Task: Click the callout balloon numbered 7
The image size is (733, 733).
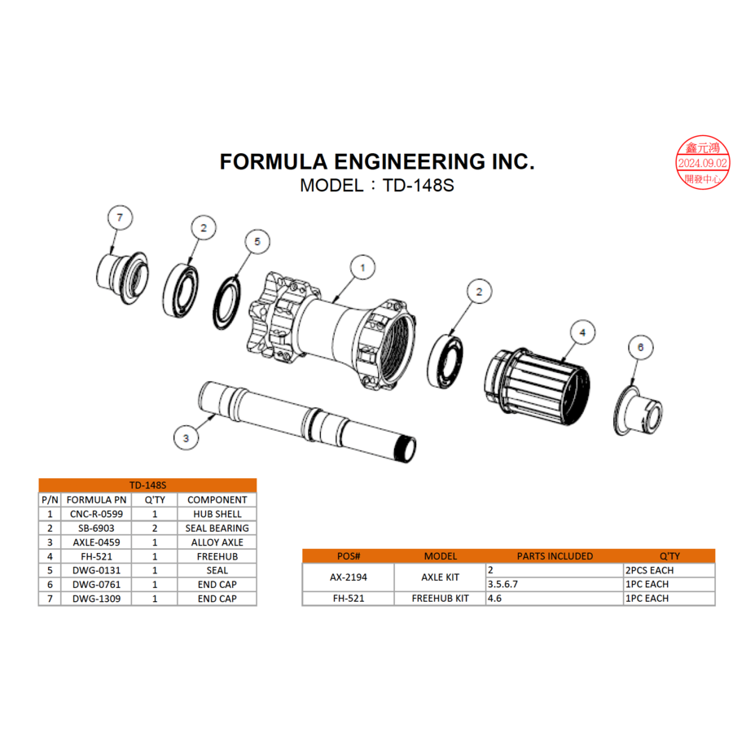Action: (x=120, y=217)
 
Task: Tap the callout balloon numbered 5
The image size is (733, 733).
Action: (x=257, y=242)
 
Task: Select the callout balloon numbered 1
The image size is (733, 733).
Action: (x=362, y=266)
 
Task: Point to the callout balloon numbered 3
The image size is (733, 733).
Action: (x=187, y=437)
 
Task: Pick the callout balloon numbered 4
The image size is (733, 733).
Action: (x=582, y=332)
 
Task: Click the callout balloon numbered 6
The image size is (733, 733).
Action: (x=640, y=348)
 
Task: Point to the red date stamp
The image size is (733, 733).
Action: (x=703, y=163)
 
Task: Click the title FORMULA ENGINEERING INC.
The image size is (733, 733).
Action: (x=377, y=161)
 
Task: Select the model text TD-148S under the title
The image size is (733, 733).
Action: (x=376, y=185)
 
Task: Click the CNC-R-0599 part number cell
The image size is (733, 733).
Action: (x=96, y=514)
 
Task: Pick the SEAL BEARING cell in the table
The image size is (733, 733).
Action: (x=217, y=528)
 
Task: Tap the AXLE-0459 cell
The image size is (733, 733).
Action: (x=96, y=542)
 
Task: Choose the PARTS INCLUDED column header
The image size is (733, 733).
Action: (x=555, y=556)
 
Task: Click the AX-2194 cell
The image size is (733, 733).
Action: (x=348, y=577)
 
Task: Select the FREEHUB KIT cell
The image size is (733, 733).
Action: (x=440, y=598)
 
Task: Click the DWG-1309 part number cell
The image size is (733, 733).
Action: (x=96, y=599)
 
